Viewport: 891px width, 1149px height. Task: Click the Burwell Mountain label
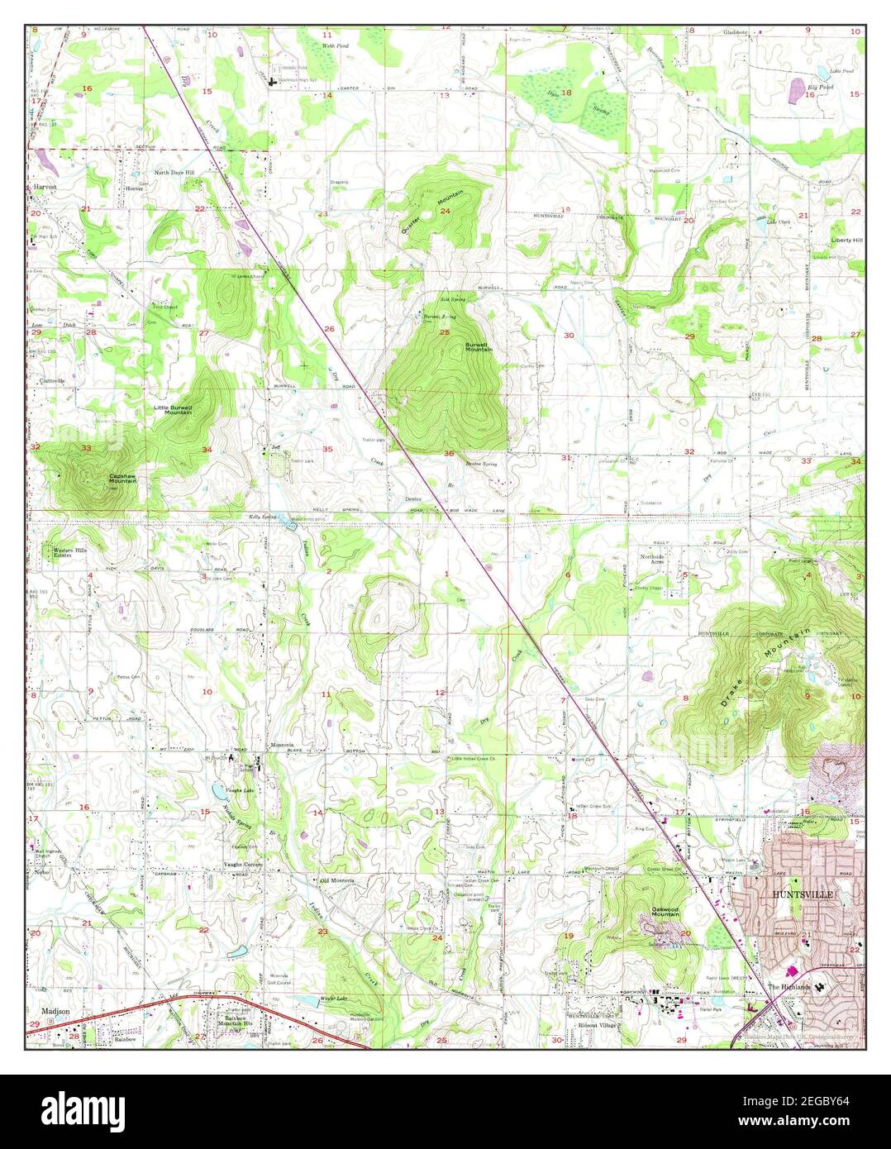click(479, 346)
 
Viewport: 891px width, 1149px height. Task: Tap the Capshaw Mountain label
click(123, 479)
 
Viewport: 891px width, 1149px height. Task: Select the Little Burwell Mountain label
click(173, 409)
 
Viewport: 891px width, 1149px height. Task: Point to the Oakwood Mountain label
click(665, 911)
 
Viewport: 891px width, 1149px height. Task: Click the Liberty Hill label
click(846, 241)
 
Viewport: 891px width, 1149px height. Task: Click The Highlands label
click(784, 987)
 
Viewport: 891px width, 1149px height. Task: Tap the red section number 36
click(449, 454)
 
